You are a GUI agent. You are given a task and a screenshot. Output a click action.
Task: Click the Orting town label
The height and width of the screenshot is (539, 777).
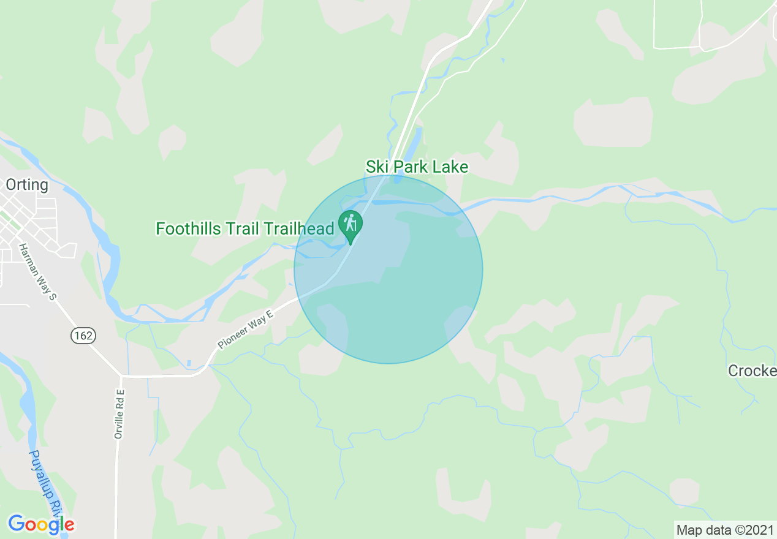(x=27, y=184)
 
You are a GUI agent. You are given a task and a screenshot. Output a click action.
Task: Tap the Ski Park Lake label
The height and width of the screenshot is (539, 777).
(x=417, y=167)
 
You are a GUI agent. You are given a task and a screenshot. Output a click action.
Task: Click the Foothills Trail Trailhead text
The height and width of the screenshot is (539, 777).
(x=245, y=229)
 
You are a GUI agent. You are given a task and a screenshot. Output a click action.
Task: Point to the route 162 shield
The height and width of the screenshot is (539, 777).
(x=82, y=335)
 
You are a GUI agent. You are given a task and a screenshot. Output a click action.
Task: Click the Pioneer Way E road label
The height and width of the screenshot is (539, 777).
(x=244, y=329)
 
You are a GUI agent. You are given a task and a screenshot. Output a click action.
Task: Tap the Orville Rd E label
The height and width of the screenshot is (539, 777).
(x=119, y=414)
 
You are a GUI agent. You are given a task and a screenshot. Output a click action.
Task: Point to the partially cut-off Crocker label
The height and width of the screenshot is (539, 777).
(x=752, y=371)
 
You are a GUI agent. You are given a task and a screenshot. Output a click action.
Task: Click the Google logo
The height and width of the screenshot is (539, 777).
(x=41, y=524)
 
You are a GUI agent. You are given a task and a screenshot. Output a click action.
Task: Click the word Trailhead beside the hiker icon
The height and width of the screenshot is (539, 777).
(x=299, y=229)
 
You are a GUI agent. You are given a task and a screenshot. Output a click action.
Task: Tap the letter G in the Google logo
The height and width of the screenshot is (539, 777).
(x=16, y=524)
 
